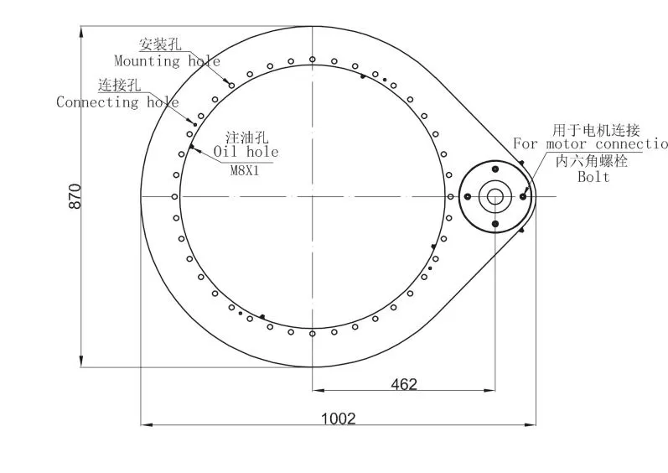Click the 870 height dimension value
(x=75, y=196)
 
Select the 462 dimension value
(x=404, y=384)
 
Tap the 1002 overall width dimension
(x=339, y=418)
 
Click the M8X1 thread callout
(x=245, y=171)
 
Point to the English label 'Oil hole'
(x=246, y=152)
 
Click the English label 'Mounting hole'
(x=167, y=61)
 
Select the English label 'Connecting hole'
(x=117, y=102)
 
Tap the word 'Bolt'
(x=593, y=176)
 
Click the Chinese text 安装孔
(x=160, y=44)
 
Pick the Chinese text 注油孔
(x=247, y=138)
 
